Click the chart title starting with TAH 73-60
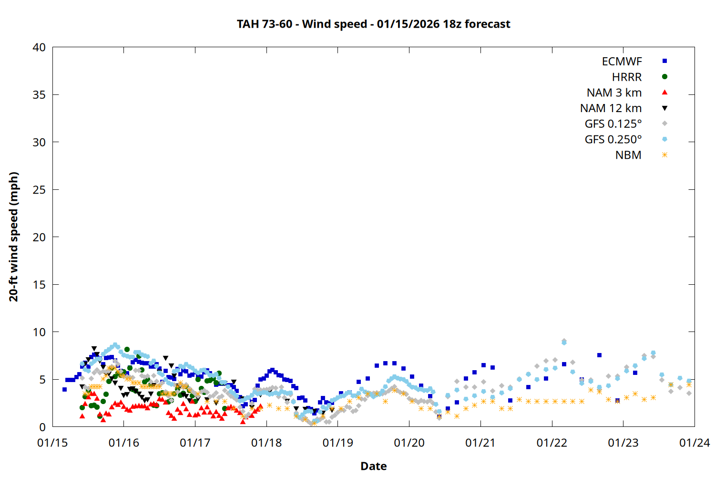click(373, 24)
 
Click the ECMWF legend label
click(622, 62)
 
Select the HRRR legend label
click(627, 77)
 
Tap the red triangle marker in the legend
click(664, 93)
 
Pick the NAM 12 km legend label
click(611, 108)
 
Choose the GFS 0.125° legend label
click(613, 124)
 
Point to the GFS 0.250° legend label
click(613, 140)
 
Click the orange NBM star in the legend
click(664, 155)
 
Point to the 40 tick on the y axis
click(39, 47)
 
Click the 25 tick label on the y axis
click(39, 190)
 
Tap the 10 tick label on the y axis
click(39, 332)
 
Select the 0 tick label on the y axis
click(42, 427)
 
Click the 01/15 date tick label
click(52, 443)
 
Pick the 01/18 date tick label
click(266, 443)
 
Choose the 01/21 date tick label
click(480, 443)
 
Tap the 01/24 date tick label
click(694, 443)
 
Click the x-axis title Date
click(373, 466)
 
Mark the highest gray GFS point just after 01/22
click(564, 341)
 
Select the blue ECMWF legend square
click(664, 61)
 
